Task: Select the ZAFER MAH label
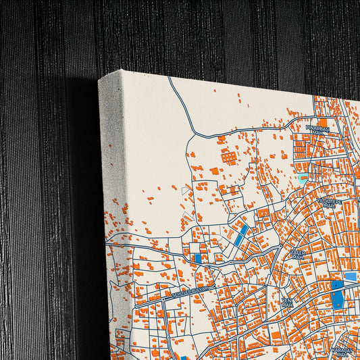click(x=298, y=255)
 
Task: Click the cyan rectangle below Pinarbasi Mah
click(x=302, y=177)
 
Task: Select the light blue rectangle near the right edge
click(x=350, y=276)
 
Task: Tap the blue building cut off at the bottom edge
click(x=184, y=357)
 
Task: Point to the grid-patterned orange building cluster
click(x=230, y=157)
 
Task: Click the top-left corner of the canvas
click(x=100, y=80)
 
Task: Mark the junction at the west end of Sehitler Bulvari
click(x=135, y=305)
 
